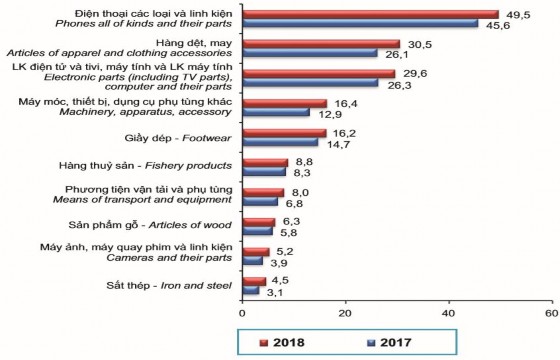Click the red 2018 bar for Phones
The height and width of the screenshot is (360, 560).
pyautogui.click(x=370, y=14)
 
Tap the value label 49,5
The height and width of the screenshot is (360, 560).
pyautogui.click(x=516, y=14)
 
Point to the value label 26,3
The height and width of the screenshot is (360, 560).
pyautogui.click(x=398, y=85)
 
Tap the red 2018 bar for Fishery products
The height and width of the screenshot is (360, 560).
pyautogui.click(x=265, y=160)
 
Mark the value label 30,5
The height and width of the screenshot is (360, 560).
pyautogui.click(x=419, y=44)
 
